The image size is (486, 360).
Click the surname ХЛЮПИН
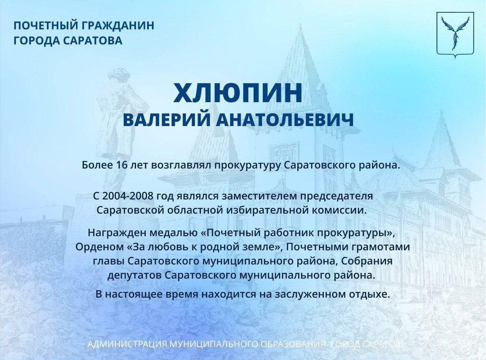click(x=238, y=93)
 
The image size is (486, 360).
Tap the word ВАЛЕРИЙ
click(x=167, y=120)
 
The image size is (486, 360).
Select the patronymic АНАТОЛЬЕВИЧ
click(x=285, y=120)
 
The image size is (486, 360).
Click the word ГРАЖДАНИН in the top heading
click(x=118, y=26)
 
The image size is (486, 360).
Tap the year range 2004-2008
click(x=127, y=196)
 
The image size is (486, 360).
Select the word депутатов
click(x=135, y=276)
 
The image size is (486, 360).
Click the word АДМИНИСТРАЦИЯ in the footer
click(x=128, y=344)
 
